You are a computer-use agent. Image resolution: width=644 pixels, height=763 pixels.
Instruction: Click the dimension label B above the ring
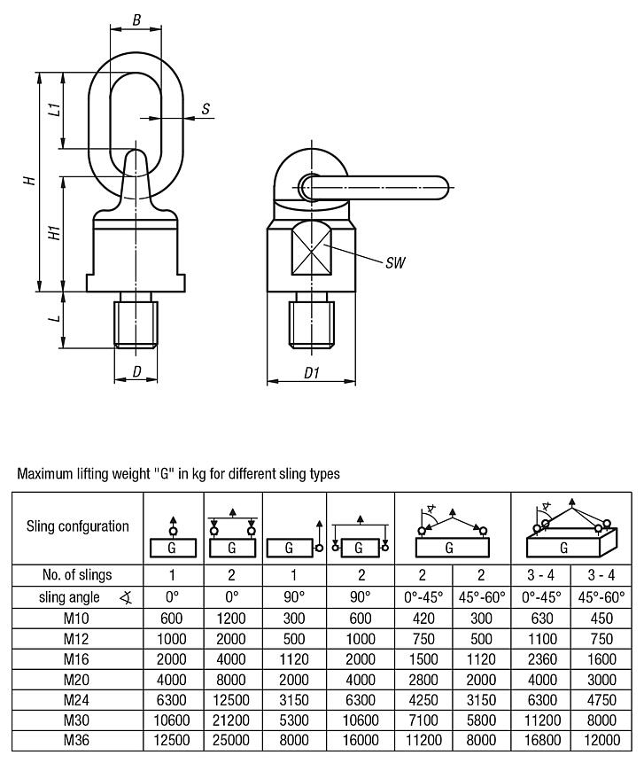coord(136,19)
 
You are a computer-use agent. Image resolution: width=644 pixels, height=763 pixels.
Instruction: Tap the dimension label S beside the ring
coord(206,109)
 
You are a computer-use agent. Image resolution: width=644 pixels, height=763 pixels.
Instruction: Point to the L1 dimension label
coord(54,110)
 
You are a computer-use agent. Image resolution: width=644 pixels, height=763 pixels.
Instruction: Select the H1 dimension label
coord(54,233)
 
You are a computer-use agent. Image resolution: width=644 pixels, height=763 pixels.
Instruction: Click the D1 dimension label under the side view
coord(312,374)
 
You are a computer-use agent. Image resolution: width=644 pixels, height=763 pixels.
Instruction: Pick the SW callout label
coord(395,264)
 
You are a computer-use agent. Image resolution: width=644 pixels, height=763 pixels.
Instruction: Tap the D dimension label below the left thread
coord(136,370)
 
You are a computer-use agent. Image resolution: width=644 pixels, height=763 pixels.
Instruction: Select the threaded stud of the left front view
coord(136,323)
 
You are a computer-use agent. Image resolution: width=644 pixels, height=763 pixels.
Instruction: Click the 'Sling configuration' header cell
coord(77,526)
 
